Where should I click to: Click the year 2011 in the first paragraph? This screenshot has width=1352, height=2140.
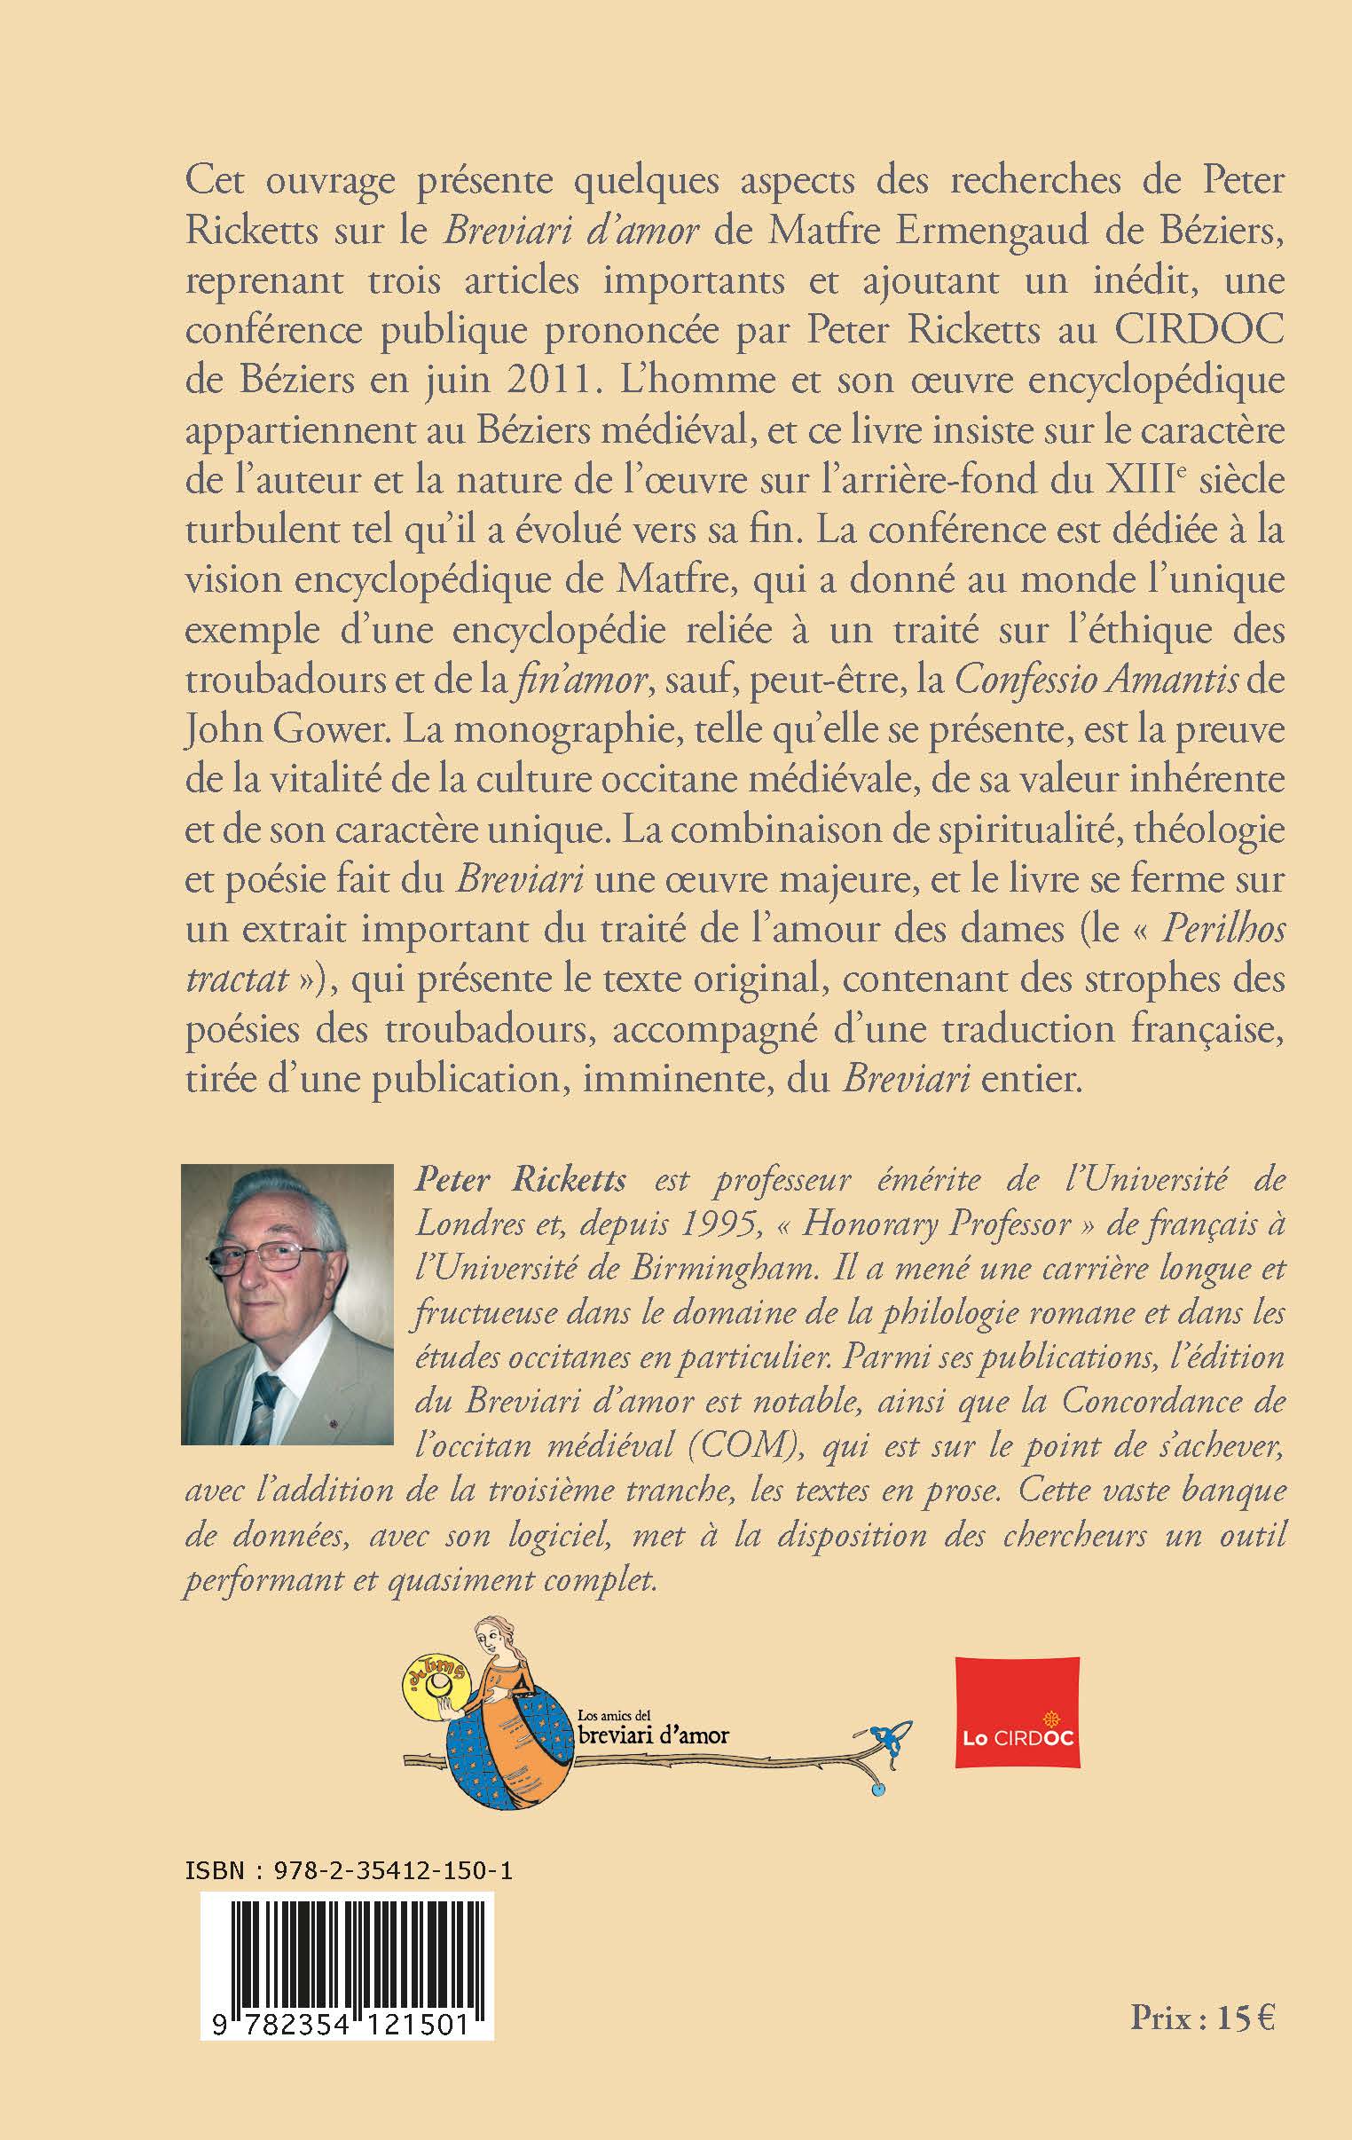pyautogui.click(x=546, y=381)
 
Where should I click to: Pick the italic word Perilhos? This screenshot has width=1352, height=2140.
pyautogui.click(x=1224, y=930)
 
